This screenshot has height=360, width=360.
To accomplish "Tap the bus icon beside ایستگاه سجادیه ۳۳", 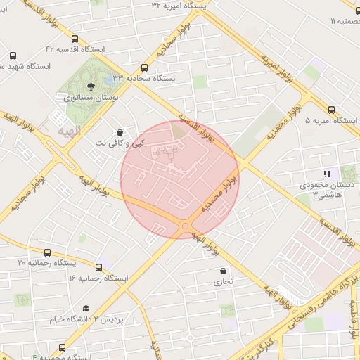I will pyautogui.click(x=144, y=68).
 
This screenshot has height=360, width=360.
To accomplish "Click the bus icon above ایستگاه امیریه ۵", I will pyautogui.click(x=331, y=109).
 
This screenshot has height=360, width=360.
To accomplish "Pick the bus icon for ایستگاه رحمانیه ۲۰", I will pyautogui.click(x=47, y=252).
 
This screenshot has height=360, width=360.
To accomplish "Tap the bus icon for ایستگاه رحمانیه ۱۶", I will pyautogui.click(x=98, y=267).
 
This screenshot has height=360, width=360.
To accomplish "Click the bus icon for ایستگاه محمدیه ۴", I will pyautogui.click(x=63, y=347).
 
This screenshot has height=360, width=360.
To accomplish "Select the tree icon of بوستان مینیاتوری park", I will pyautogui.click(x=91, y=86).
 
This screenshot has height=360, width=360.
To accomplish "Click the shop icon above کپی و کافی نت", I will pyautogui.click(x=120, y=131).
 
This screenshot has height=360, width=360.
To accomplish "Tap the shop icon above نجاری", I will pyautogui.click(x=224, y=271).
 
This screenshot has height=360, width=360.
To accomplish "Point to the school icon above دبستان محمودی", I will pyautogui.click(x=326, y=173).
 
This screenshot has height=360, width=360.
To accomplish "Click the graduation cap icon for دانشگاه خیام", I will pyautogui.click(x=86, y=309).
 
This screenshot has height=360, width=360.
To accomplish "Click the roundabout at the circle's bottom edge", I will pyautogui.click(x=185, y=226).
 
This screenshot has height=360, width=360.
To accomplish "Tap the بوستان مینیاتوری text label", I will pyautogui.click(x=91, y=98).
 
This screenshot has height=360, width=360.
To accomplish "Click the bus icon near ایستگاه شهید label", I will pyautogui.click(x=13, y=56).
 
